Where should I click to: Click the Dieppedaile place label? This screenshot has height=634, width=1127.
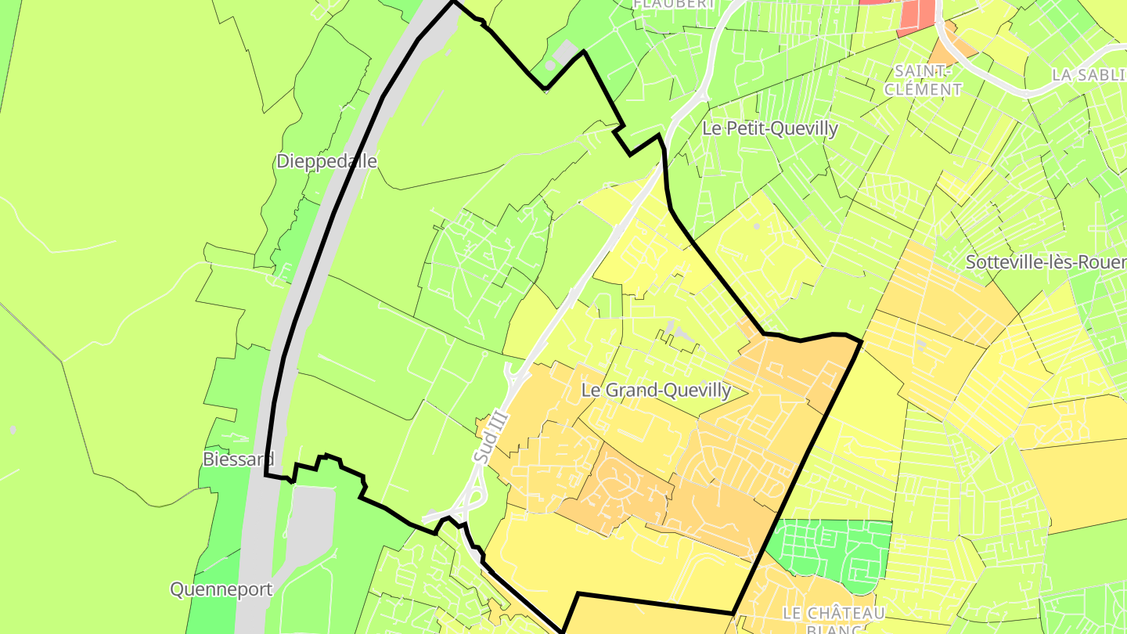(x=326, y=161)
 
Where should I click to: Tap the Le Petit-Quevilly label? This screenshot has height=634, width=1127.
(x=770, y=128)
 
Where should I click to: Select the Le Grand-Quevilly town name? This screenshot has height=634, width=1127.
(x=656, y=390)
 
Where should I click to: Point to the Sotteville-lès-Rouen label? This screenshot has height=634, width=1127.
(x=1046, y=262)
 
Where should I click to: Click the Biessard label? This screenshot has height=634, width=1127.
(x=238, y=459)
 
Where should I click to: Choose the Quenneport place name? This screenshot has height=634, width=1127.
(x=221, y=589)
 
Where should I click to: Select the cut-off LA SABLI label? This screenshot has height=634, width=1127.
(x=1089, y=75)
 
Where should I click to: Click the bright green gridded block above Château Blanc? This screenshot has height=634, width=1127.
(x=830, y=552)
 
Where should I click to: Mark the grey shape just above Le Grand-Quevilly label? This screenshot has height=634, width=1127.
(x=675, y=333)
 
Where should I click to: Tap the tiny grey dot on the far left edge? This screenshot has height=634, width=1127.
(x=13, y=430)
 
